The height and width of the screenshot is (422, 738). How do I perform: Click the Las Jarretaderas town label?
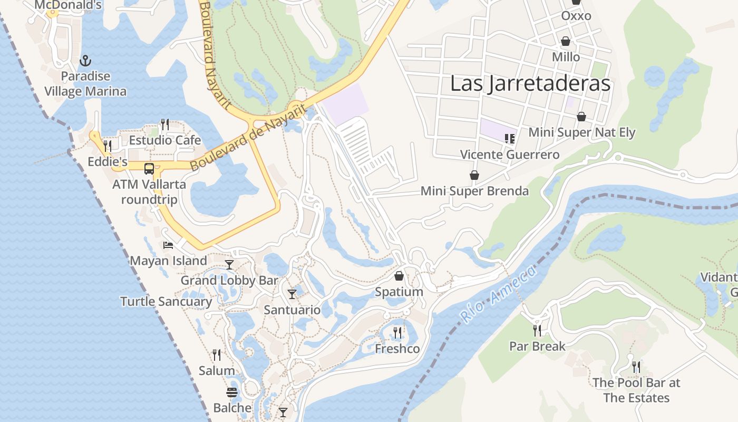(x=530, y=84)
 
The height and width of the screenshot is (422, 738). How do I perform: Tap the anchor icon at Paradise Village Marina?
(x=85, y=61)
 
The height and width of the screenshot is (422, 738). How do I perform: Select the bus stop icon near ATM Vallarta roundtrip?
(x=149, y=169)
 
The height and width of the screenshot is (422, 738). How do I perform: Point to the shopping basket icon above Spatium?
(x=399, y=276)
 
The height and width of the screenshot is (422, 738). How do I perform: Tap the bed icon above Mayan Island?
(x=168, y=245)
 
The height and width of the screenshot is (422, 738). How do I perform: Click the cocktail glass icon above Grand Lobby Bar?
(x=229, y=264)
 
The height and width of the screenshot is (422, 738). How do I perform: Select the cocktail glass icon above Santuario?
(x=292, y=294)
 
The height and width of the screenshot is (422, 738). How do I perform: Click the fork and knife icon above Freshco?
(x=397, y=333)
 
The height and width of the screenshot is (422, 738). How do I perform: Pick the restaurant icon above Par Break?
(x=537, y=331)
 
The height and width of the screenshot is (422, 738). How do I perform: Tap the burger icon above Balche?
(x=232, y=392)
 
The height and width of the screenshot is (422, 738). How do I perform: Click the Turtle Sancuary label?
(x=166, y=302)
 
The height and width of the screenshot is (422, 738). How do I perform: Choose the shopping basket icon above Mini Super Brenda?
(x=474, y=175)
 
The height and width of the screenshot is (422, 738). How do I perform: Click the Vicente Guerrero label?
(x=510, y=155)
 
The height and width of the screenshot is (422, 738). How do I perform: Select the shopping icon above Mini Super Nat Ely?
(x=581, y=117)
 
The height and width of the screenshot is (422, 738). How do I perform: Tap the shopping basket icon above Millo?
(x=566, y=41)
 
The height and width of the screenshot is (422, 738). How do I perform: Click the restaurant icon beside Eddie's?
(x=108, y=146)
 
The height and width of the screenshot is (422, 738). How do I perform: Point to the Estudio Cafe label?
(x=165, y=140)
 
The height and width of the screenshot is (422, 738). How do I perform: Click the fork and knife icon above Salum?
(x=217, y=355)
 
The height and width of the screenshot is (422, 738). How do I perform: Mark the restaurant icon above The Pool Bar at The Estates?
(x=636, y=367)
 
